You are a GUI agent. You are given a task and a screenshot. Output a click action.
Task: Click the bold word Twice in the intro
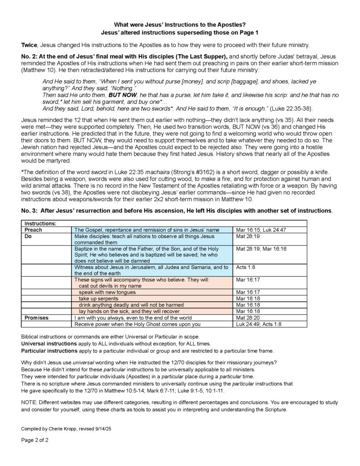pyautogui.click(x=30, y=45)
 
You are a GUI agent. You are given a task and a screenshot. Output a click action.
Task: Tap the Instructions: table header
pyautogui.click(x=40, y=224)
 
